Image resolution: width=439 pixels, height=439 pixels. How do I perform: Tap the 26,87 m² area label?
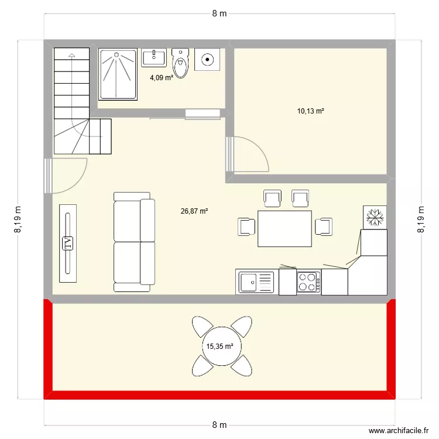pyautogui.click(x=195, y=211)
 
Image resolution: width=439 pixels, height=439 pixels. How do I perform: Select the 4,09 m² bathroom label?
pyautogui.click(x=161, y=77)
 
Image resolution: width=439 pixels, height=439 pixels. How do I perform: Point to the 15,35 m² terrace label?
pyautogui.click(x=220, y=347)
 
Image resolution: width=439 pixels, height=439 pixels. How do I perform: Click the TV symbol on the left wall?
pyautogui.click(x=68, y=243)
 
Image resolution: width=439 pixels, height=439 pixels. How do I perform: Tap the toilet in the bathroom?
pyautogui.click(x=181, y=63)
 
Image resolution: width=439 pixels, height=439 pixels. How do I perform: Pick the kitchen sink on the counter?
pyautogui.click(x=256, y=282)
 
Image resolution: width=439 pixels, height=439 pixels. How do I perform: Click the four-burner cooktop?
pyautogui.click(x=308, y=282)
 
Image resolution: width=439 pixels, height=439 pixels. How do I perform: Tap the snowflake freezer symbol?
pyautogui.click(x=375, y=217)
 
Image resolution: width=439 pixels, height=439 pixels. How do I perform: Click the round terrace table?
pyautogui.click(x=220, y=346)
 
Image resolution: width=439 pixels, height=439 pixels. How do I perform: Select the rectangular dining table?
pyautogui.click(x=284, y=228)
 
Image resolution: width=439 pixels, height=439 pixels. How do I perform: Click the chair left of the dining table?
pyautogui.click(x=246, y=226)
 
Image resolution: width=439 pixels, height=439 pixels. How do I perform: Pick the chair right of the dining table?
pyautogui.click(x=324, y=226)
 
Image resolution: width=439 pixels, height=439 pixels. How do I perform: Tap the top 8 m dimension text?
pyautogui.click(x=220, y=14)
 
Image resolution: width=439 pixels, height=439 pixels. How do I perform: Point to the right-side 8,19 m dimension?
pyautogui.click(x=420, y=220)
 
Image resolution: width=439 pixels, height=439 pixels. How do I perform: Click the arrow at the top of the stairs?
pyautogui.click(x=71, y=56)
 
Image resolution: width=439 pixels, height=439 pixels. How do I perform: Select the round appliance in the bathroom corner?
pyautogui.click(x=207, y=59)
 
